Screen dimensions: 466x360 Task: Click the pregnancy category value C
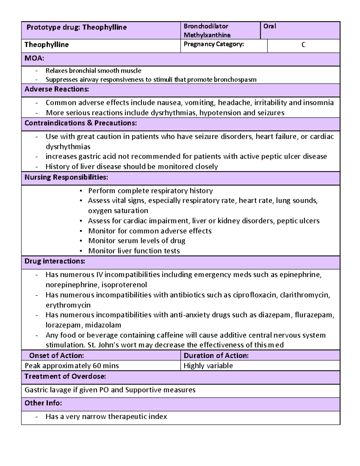click(303, 45)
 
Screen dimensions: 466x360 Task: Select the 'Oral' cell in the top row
click(269, 26)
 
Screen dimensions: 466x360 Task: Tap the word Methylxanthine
click(207, 35)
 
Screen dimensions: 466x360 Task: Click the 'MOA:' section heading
click(34, 58)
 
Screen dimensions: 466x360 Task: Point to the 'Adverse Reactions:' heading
click(57, 89)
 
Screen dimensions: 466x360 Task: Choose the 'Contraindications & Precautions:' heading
click(80, 123)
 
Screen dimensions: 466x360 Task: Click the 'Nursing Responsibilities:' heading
click(66, 177)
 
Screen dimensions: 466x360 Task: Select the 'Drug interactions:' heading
click(55, 261)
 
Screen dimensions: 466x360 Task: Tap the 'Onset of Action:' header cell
click(56, 356)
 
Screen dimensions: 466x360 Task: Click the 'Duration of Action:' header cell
click(216, 356)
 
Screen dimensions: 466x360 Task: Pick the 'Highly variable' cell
click(208, 366)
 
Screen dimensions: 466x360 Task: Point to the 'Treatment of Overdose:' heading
click(65, 376)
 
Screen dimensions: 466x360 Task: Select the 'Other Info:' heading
click(43, 403)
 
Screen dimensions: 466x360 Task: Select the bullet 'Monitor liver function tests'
click(134, 251)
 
